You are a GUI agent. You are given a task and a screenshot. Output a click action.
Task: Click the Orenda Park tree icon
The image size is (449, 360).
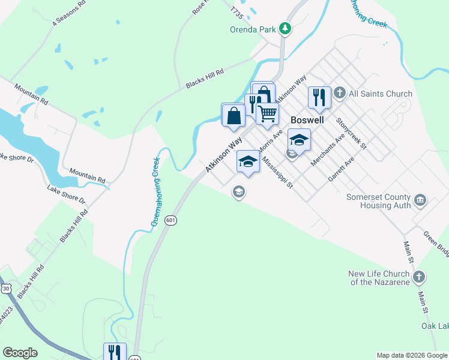[x=287, y=28]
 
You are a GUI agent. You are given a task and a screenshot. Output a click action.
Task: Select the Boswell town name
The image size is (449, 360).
[x=307, y=119]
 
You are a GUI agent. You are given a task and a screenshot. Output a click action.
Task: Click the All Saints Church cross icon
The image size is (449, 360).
[x=339, y=93]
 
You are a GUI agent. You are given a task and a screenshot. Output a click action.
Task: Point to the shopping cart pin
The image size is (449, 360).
[x=268, y=113]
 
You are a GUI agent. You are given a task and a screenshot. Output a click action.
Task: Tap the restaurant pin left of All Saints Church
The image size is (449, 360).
[x=319, y=97]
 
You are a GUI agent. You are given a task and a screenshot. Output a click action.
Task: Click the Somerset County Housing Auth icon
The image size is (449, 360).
[x=420, y=199]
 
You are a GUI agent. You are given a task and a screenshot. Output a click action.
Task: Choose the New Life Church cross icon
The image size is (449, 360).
[x=419, y=277]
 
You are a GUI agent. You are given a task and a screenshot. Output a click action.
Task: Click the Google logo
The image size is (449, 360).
[x=20, y=353]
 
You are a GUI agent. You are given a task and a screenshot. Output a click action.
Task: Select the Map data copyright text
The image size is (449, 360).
[x=411, y=355]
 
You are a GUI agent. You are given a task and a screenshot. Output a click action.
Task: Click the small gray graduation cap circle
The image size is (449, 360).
[x=238, y=192]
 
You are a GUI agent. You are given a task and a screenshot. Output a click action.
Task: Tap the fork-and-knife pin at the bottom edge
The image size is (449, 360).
[x=115, y=352]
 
